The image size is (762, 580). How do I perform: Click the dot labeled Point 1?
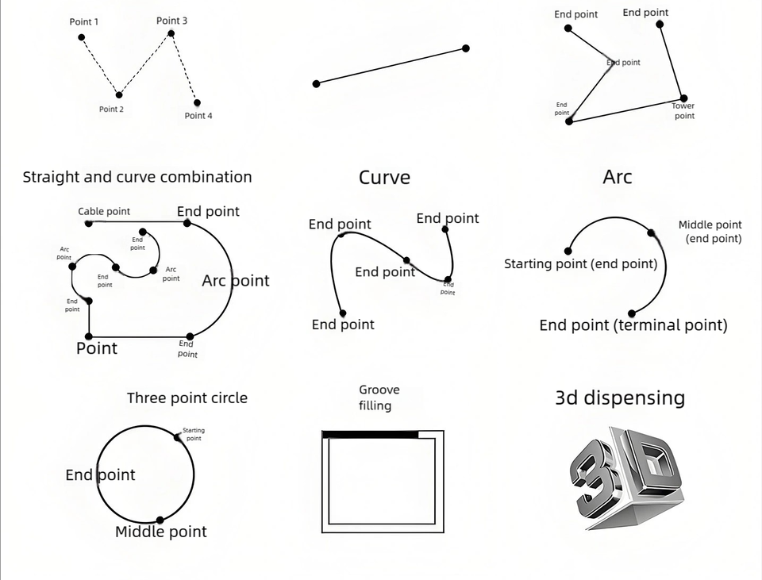(81, 36)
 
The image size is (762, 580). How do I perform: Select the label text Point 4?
(198, 116)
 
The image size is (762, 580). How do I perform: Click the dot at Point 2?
(119, 94)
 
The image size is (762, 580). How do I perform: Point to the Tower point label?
(683, 111)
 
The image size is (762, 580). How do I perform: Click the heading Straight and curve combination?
(137, 177)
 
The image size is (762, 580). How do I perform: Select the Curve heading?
(384, 177)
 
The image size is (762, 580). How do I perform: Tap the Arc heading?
(617, 176)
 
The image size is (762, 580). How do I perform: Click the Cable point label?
(104, 212)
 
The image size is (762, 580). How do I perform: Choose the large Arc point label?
(236, 281)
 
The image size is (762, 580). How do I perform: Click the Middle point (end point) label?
(710, 232)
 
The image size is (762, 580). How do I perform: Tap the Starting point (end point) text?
(580, 264)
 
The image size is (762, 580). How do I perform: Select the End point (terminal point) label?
(633, 325)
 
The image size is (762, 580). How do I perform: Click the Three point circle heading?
(187, 398)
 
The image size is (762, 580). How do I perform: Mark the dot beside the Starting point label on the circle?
(178, 436)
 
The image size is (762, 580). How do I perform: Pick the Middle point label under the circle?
(161, 532)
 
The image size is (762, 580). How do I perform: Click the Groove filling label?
(379, 398)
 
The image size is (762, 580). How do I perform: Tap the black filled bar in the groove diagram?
(370, 434)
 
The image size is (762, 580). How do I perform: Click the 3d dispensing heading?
(619, 398)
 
